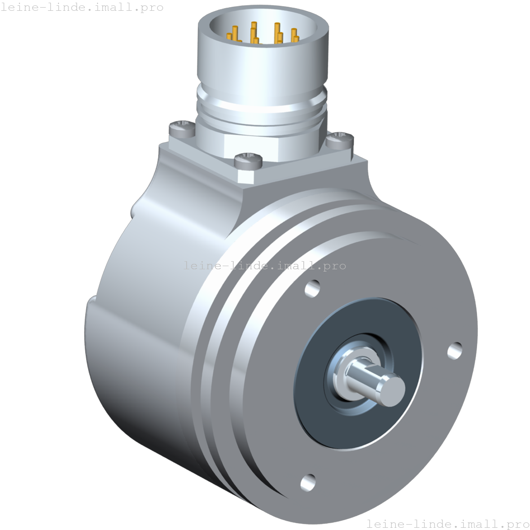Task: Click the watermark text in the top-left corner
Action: pos(82,8)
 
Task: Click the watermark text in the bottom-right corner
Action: pos(447,523)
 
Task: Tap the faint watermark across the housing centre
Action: pos(264,266)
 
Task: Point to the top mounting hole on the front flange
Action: pos(312,288)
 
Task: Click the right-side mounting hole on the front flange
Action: pos(455,350)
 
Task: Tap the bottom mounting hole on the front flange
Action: pos(308,482)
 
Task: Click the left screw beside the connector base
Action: pos(181,128)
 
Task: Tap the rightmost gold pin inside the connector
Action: pos(295,35)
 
